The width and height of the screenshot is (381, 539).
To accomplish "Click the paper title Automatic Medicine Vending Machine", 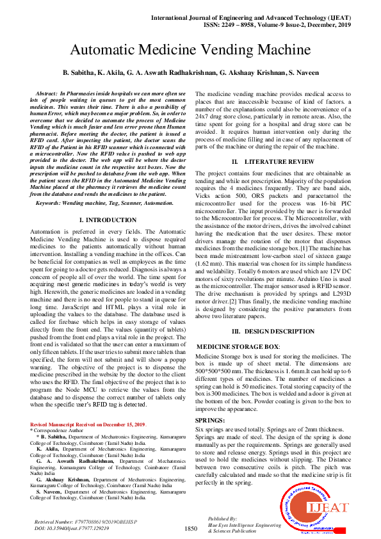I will pyautogui.click(x=190, y=50).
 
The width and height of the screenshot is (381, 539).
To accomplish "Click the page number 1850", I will pyautogui.click(x=191, y=529).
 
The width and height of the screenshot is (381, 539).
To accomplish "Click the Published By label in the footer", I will pyautogui.click(x=222, y=519).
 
